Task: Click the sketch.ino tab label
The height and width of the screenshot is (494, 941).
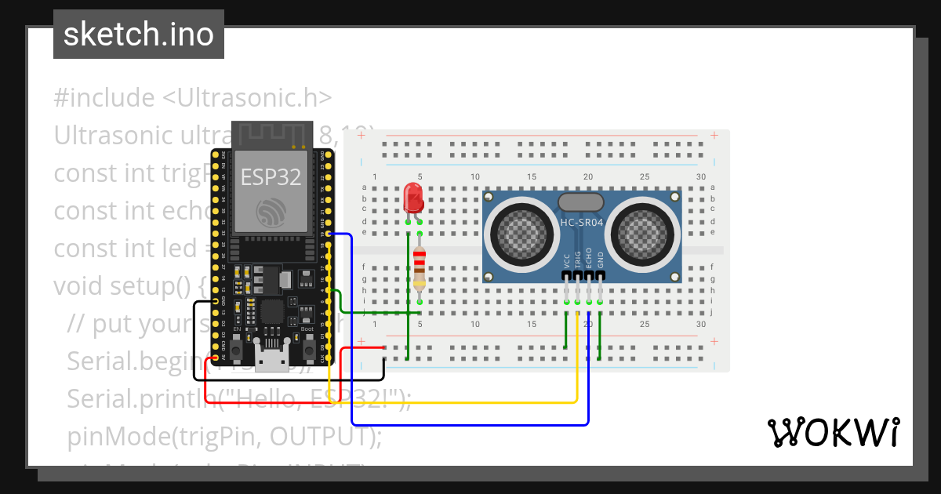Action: pyautogui.click(x=139, y=35)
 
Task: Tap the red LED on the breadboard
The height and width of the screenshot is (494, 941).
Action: pyautogui.click(x=412, y=199)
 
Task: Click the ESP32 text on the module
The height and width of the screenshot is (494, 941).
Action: pyautogui.click(x=271, y=177)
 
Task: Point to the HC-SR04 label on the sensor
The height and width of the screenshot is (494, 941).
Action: pyautogui.click(x=581, y=223)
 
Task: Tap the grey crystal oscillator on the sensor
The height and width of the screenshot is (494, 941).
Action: pyautogui.click(x=581, y=202)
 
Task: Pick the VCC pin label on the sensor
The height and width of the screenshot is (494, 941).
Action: pyautogui.click(x=566, y=261)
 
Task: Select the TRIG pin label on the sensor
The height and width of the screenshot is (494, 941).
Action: pyautogui.click(x=578, y=261)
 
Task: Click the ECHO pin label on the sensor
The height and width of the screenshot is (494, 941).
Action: pyautogui.click(x=589, y=261)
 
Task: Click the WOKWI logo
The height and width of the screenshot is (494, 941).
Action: pyautogui.click(x=833, y=432)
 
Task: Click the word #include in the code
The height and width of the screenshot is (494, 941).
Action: pyautogui.click(x=104, y=98)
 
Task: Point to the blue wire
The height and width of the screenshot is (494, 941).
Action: pyautogui.click(x=470, y=425)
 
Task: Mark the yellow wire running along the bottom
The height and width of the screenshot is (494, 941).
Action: pyautogui.click(x=455, y=402)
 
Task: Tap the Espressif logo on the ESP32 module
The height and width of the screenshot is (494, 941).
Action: pyautogui.click(x=271, y=211)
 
